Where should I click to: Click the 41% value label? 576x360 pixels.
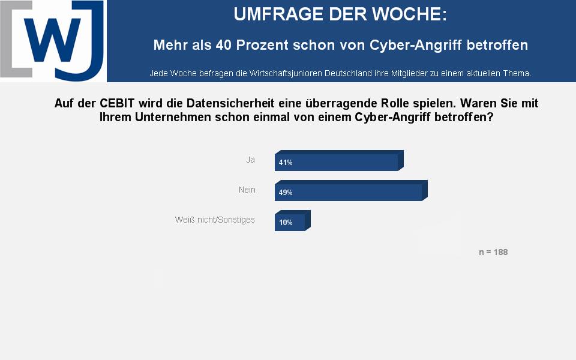286,163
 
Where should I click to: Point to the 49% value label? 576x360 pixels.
286,193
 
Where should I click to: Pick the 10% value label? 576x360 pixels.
286,223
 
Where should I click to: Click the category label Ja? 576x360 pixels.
251,160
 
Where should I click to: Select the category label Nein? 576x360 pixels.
247,190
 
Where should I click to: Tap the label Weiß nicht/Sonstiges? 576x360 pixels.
215,220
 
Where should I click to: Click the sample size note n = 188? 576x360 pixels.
493,252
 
